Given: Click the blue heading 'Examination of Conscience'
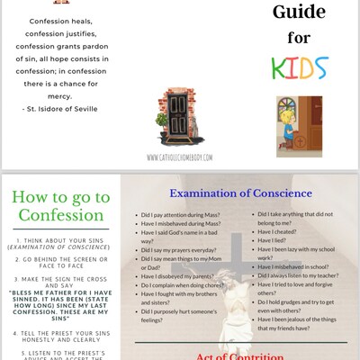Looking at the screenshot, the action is pyautogui.click(x=239, y=193).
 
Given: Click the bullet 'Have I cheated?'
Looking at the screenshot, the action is pyautogui.click(x=271, y=229).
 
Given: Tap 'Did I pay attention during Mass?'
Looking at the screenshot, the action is pyautogui.click(x=190, y=216).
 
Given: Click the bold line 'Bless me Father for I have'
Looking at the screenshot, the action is pyautogui.click(x=59, y=292).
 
